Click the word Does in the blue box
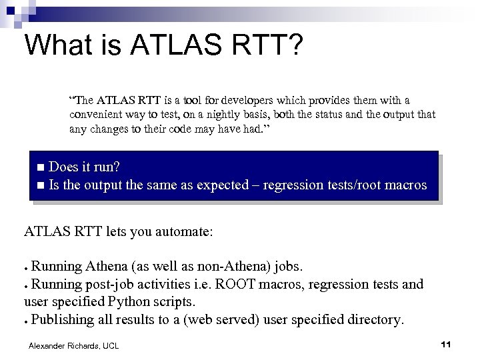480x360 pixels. [x=65, y=166]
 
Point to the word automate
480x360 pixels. [x=181, y=232]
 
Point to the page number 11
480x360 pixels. [x=446, y=344]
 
